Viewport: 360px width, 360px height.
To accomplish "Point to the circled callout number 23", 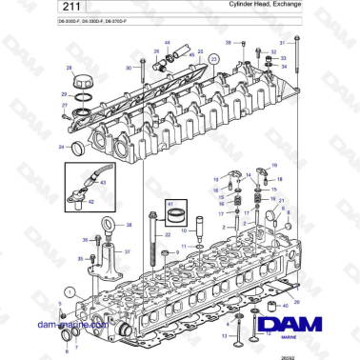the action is tap(213, 59).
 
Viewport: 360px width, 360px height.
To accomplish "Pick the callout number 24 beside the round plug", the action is tap(61, 146).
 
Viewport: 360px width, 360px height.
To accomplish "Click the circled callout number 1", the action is tap(69, 291).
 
